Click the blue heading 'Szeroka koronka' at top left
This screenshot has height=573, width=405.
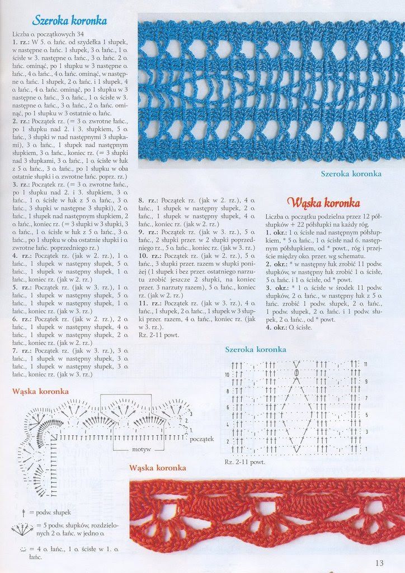[69, 21]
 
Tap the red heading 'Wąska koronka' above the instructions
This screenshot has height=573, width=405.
[323, 202]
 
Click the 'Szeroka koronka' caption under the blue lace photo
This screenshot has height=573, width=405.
[351, 173]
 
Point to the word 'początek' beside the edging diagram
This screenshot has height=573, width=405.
[201, 439]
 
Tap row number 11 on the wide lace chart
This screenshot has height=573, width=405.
[365, 364]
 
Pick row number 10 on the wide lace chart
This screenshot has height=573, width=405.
[227, 374]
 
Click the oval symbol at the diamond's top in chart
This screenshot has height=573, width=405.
[296, 372]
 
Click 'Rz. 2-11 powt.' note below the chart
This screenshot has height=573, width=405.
[245, 462]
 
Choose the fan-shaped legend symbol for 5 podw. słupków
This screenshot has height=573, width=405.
[22, 528]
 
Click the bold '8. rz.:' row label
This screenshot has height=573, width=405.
[147, 199]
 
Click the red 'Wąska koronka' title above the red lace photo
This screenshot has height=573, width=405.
[157, 467]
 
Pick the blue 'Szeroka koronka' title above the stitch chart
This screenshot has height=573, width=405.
[256, 350]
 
